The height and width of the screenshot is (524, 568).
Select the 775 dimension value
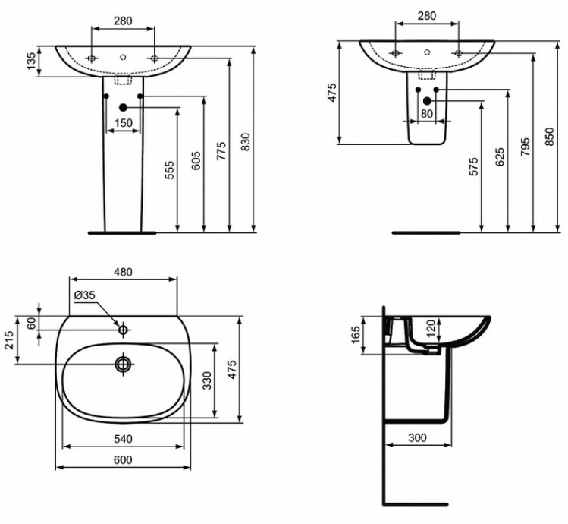(221, 150)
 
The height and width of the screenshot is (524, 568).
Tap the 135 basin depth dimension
(30, 62)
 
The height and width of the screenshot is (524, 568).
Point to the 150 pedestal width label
(123, 123)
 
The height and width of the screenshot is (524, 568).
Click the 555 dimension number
(169, 170)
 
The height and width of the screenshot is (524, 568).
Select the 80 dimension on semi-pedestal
(426, 114)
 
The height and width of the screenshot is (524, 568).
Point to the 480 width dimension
(123, 271)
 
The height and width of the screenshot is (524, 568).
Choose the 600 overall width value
(123, 459)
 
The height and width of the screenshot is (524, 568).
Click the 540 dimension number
(123, 439)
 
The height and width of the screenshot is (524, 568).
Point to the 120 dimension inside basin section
(431, 329)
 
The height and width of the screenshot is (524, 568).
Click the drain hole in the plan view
(123, 365)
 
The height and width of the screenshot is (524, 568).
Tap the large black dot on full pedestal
(123, 107)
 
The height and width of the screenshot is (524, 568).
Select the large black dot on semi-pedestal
(427, 101)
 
